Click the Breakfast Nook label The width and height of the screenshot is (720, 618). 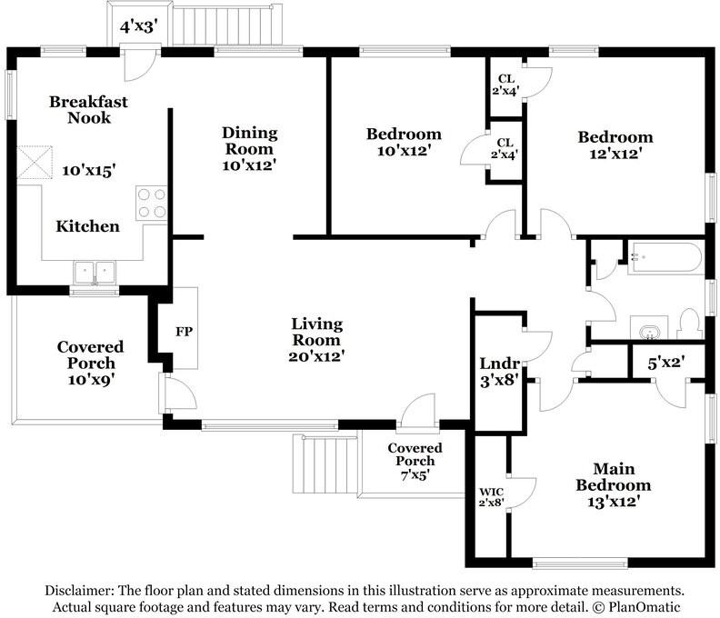pyautogui.click(x=88, y=109)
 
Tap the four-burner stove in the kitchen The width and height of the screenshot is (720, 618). pyautogui.click(x=152, y=204)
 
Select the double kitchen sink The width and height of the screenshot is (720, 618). pyautogui.click(x=95, y=273)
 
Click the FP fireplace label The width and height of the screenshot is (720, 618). pyautogui.click(x=184, y=331)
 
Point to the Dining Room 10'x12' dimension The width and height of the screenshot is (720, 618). pyautogui.click(x=249, y=164)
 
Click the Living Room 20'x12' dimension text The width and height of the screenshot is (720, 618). pyautogui.click(x=316, y=356)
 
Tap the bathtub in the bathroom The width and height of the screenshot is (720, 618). pyautogui.click(x=665, y=258)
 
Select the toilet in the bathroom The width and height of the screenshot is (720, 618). pyautogui.click(x=690, y=324)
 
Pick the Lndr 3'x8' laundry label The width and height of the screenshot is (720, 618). pyautogui.click(x=499, y=372)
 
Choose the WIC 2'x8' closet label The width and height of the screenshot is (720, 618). pyautogui.click(x=491, y=497)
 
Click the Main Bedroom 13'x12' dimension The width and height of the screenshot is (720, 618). pyautogui.click(x=614, y=501)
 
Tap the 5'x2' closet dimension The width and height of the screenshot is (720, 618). pyautogui.click(x=666, y=364)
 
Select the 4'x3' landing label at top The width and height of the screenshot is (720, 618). pyautogui.click(x=139, y=27)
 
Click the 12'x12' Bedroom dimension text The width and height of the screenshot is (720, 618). pyautogui.click(x=615, y=154)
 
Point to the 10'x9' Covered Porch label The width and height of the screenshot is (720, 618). pyautogui.click(x=91, y=380)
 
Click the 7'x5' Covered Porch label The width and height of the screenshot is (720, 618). pyautogui.click(x=415, y=474)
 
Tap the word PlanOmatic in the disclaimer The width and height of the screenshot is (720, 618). pyautogui.click(x=644, y=607)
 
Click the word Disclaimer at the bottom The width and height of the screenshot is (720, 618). pyautogui.click(x=80, y=590)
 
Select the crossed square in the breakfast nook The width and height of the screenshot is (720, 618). pyautogui.click(x=35, y=162)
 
